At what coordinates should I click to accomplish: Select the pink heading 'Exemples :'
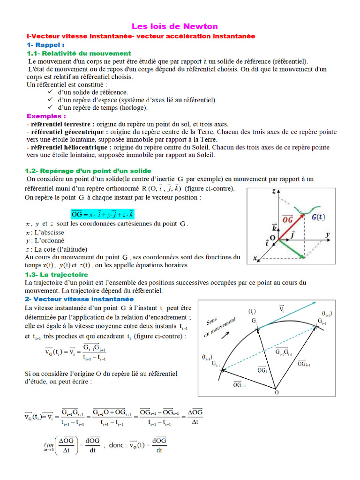pos(46,116)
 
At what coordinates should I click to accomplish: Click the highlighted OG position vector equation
pos(102,214)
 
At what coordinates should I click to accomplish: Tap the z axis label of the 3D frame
pos(273,192)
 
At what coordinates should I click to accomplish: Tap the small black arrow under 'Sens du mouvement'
pos(226,335)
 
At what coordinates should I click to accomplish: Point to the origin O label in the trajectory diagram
pos(276,392)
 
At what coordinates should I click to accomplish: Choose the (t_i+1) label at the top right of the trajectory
pos(327,313)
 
